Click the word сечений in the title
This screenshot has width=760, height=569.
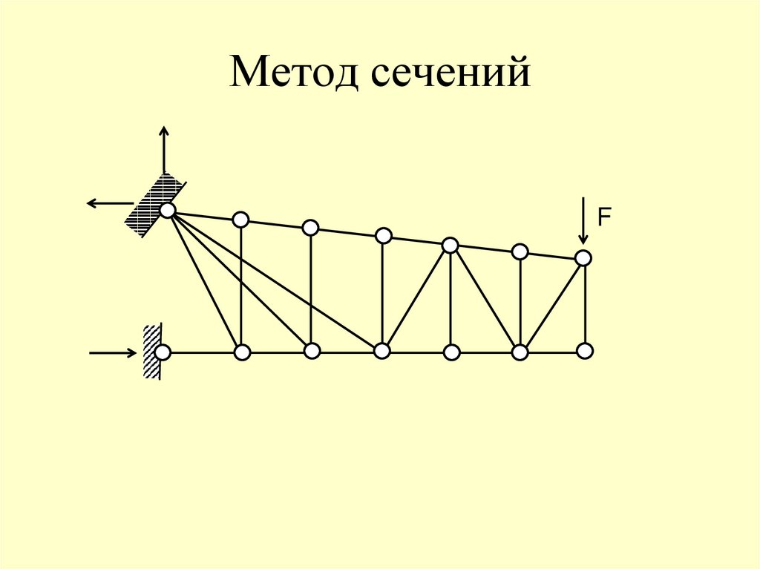point(446,74)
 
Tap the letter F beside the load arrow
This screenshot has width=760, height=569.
point(605,217)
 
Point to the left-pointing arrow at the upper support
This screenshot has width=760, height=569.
point(108,203)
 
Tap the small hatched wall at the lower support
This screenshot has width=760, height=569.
point(151,352)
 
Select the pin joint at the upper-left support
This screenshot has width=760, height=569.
point(168,211)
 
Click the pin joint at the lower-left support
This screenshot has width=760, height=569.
point(163,352)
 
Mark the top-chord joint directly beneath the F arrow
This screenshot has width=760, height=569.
point(583,257)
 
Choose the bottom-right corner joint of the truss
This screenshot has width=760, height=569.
point(585,350)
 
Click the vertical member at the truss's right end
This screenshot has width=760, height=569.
point(585,304)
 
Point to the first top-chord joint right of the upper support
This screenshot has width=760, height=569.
point(240,220)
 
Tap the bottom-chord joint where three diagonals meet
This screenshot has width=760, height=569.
point(381,351)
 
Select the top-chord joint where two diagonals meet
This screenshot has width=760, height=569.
point(450,245)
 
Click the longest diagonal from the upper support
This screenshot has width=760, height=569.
point(275,280)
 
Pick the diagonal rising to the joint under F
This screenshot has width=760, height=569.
point(552,304)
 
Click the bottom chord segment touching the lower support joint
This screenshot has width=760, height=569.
point(202,352)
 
